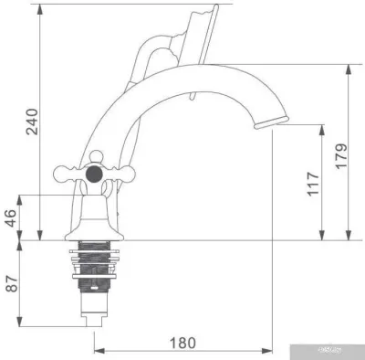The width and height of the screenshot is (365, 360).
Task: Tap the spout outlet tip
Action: point(273,120)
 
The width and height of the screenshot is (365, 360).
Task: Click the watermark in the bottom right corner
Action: point(342,351)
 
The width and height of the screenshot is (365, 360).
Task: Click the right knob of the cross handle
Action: point(120,170)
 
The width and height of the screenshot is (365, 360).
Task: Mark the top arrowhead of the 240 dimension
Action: point(40,8)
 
